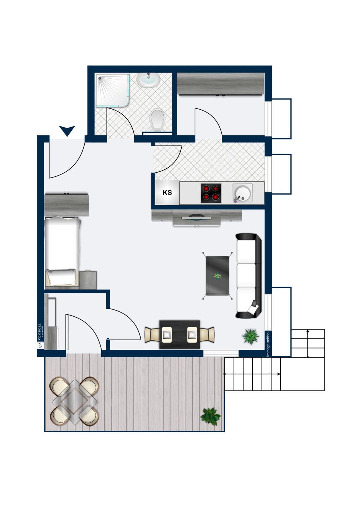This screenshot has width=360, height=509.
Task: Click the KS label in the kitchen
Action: tap(167, 193)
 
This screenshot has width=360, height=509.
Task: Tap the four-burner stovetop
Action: tap(211, 193)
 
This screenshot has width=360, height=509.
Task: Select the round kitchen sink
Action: tap(242, 193)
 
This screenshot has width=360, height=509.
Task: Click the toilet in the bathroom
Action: tap(157, 120)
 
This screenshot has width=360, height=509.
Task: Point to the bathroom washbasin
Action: tap(148, 80)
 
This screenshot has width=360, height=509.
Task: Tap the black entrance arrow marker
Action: tap(67, 130)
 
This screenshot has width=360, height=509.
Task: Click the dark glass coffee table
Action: tap(217, 276)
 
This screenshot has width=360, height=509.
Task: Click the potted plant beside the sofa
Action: tap(251, 336)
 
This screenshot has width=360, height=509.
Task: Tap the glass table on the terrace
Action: tap(75, 401)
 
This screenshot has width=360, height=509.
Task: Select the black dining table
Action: tap(180, 335)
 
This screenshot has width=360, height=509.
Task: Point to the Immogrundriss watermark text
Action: tap(268, 344)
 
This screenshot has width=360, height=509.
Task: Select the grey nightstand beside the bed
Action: tap(88, 280)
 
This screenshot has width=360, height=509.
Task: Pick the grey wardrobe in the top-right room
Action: tap(220, 84)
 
